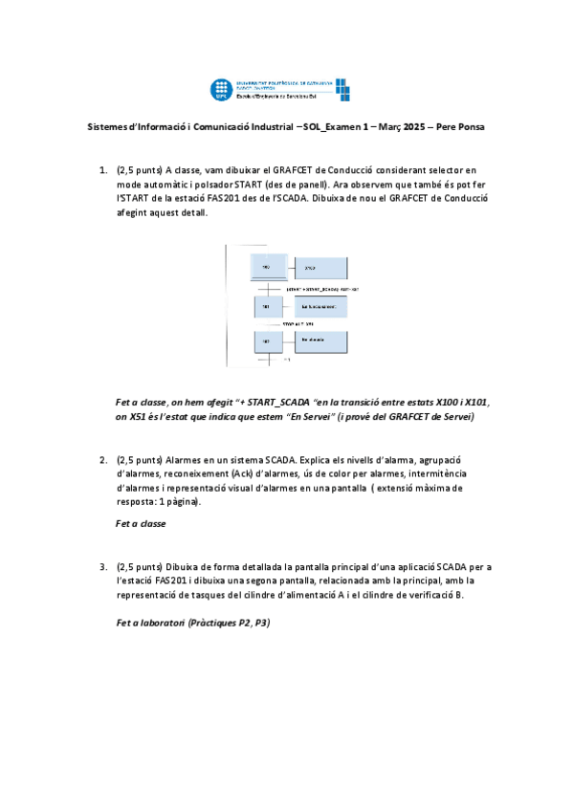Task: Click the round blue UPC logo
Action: click(x=223, y=90)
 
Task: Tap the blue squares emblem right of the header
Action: click(x=342, y=89)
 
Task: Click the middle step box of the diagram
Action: click(x=267, y=307)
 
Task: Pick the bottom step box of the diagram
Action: click(x=267, y=341)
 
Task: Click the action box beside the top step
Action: click(x=320, y=267)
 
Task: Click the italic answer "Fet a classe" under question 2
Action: click(x=141, y=523)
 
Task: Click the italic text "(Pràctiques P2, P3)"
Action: click(x=229, y=623)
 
